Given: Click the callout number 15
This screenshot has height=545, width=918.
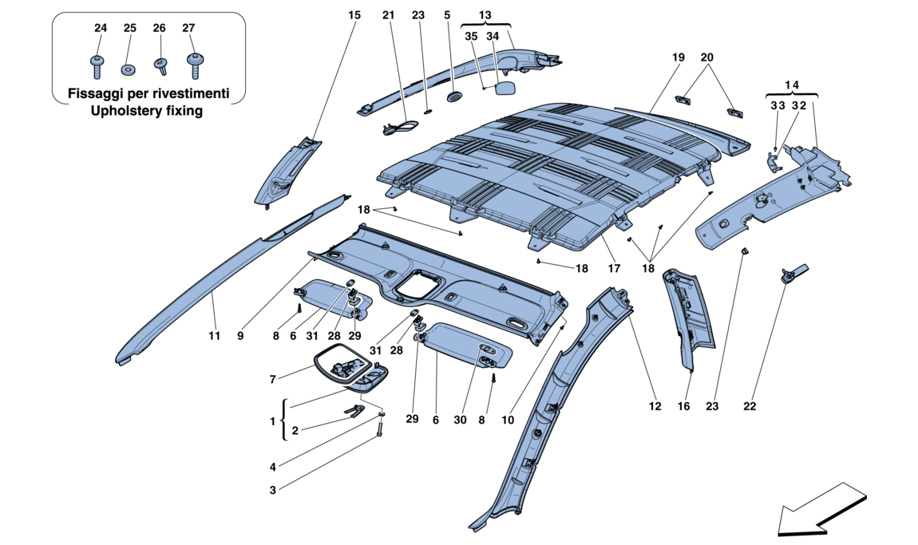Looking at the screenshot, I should click(x=354, y=14).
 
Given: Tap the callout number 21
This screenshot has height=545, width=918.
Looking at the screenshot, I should click(x=388, y=14).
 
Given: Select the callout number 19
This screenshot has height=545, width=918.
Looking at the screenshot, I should click(x=679, y=57).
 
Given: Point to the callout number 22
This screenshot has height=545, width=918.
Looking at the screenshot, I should click(x=749, y=406).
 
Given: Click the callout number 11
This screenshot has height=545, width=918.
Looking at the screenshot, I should click(x=214, y=338).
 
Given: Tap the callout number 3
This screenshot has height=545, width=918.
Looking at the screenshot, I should click(x=272, y=490).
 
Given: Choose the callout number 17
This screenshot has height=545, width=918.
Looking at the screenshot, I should click(x=613, y=269).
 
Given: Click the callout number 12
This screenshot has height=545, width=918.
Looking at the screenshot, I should click(x=655, y=406).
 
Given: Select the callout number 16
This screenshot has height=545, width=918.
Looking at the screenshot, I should click(x=683, y=406).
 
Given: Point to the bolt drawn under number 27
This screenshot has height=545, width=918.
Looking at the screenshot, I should click(x=193, y=61).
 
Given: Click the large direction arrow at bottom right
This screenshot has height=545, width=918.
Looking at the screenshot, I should click(x=822, y=507).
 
